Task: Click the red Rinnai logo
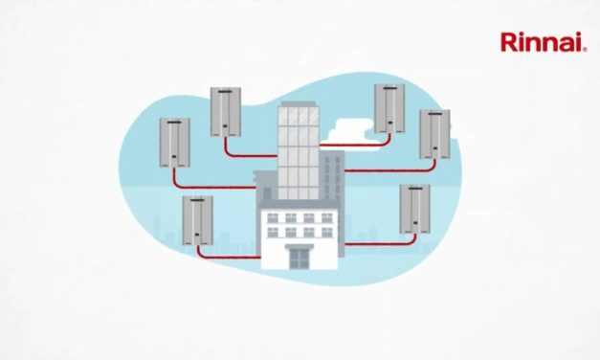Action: coord(543,41)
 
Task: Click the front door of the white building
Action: coord(300,256)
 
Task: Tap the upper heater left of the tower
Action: coord(225,112)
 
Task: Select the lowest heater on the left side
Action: coord(197,219)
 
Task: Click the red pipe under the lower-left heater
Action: coord(225,257)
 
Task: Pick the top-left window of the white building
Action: coord(264,218)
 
